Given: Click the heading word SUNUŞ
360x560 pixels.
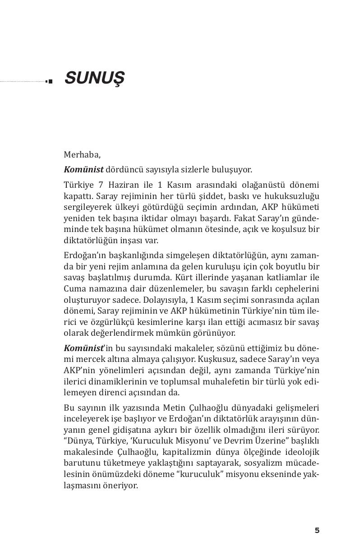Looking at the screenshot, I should pos(94,79).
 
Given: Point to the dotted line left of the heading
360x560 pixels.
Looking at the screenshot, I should pos(23,82).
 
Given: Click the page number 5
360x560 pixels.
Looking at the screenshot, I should pos(317,531).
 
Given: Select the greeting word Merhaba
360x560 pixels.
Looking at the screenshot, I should pos(82,154).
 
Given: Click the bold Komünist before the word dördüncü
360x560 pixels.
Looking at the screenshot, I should pos(83,170).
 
